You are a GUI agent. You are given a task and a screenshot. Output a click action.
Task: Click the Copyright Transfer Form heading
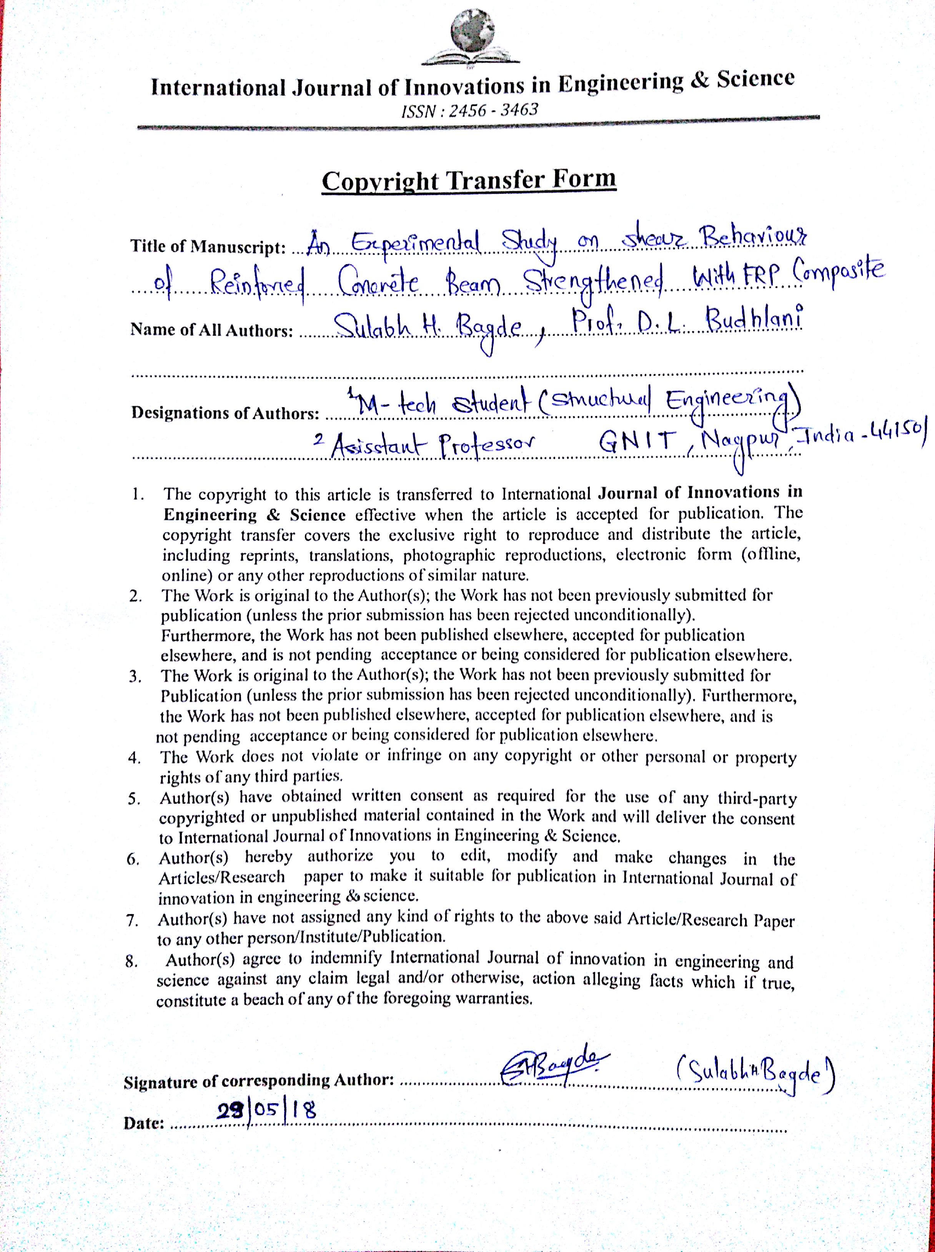click(x=469, y=181)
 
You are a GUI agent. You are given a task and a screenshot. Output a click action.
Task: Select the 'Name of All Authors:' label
click(x=212, y=330)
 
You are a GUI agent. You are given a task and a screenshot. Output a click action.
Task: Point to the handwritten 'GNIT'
click(x=638, y=441)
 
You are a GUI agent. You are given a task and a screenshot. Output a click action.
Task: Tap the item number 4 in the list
click(x=134, y=758)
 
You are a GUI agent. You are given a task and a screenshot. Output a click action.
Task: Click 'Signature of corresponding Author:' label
click(x=259, y=1081)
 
